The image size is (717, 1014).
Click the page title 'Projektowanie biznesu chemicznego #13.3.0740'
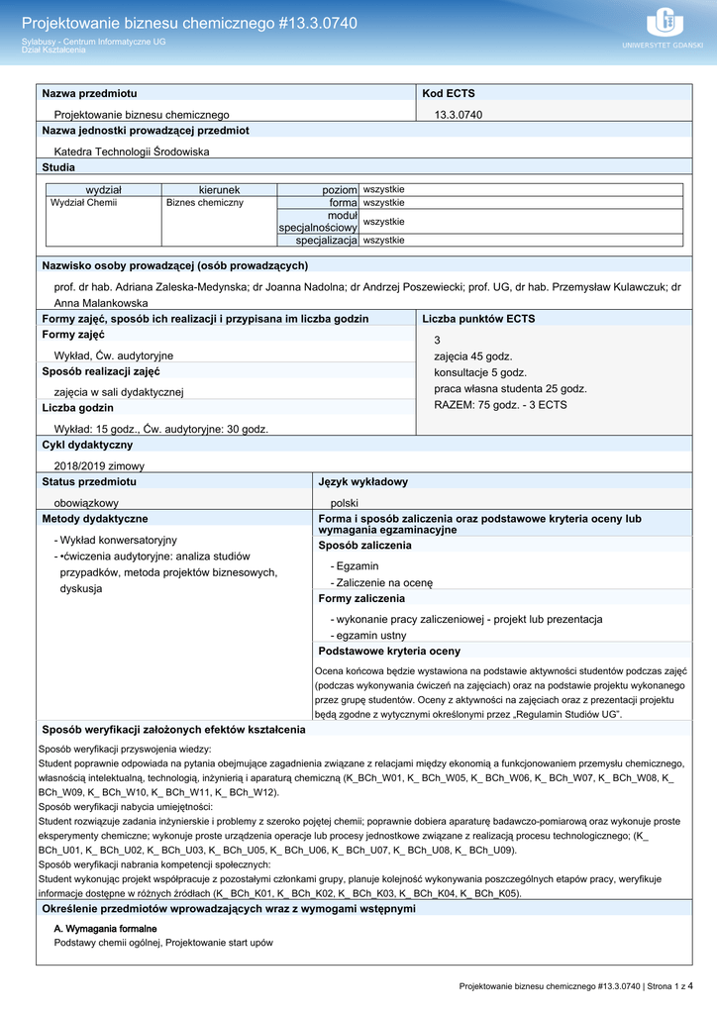[x=189, y=23]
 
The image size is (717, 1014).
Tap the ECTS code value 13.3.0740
[x=459, y=115]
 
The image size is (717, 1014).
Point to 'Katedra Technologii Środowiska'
[x=132, y=152]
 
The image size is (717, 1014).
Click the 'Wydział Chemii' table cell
[x=83, y=202]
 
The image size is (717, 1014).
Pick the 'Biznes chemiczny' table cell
[x=205, y=202]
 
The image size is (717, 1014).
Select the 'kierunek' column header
[x=219, y=189]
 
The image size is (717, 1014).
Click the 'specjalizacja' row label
[x=326, y=240]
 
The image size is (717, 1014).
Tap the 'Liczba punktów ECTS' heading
[x=478, y=319]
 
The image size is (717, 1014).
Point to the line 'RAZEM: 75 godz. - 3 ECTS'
[x=500, y=404]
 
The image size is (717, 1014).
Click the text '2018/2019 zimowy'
[x=99, y=465]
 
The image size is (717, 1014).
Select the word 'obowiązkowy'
[x=86, y=503]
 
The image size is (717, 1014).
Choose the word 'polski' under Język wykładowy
[x=345, y=503]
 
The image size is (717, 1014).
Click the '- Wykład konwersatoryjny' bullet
[x=115, y=540]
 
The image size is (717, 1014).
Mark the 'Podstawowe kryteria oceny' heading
[x=389, y=652]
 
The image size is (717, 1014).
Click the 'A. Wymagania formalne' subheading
[x=105, y=929]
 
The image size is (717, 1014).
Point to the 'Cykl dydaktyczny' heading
[x=87, y=445]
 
